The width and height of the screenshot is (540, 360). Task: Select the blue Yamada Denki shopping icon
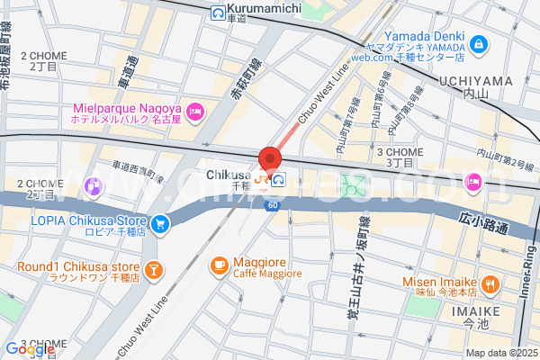(x=477, y=42)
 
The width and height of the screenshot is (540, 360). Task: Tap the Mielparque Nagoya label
(x=128, y=111)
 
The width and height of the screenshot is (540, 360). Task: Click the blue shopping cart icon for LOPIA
(x=159, y=222)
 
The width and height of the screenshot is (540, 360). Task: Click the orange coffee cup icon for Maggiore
(x=219, y=265)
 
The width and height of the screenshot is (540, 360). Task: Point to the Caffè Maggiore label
(x=267, y=266)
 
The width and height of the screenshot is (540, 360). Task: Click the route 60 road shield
(x=271, y=206)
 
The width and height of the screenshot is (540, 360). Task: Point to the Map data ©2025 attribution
(x=500, y=353)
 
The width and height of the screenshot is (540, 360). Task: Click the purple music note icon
(x=93, y=186)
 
